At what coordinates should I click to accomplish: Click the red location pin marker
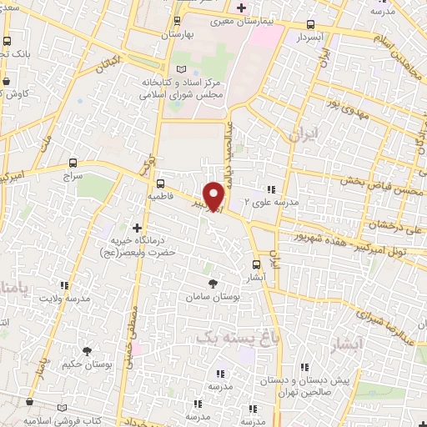coord(214,196)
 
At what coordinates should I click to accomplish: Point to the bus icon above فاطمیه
coord(160,183)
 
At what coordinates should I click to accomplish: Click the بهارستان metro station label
coord(176,34)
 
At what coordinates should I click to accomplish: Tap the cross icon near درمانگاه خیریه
coord(137,227)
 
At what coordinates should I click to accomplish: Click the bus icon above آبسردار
coord(310,25)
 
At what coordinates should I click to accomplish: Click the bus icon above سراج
coord(73,164)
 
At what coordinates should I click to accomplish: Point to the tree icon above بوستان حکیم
coord(87,350)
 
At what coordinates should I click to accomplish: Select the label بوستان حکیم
coord(87,364)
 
